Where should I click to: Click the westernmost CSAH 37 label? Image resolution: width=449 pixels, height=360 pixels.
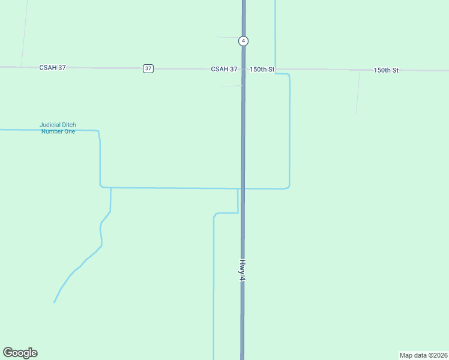point(52,68)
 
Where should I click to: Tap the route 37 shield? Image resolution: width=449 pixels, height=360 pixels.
point(148,68)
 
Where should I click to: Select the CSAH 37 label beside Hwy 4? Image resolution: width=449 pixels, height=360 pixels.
point(224,70)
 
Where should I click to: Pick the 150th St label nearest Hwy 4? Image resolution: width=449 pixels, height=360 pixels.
point(262,70)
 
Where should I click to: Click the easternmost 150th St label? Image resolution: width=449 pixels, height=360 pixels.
point(386,70)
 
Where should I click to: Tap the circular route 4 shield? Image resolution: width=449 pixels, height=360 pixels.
point(243,41)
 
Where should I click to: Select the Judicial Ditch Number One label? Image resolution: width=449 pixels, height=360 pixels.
point(58,128)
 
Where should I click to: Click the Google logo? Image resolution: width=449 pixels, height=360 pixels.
point(20,353)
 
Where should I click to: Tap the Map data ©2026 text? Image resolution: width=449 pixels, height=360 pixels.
point(423,355)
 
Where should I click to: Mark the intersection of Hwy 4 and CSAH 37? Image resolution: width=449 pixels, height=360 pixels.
point(243,69)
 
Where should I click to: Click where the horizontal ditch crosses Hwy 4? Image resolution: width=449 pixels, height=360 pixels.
point(243,188)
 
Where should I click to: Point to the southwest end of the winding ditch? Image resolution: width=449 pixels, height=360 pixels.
point(55,302)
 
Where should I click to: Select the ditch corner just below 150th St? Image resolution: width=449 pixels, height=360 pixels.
point(289,75)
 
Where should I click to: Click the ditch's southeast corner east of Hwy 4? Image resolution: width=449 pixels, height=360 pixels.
point(289,187)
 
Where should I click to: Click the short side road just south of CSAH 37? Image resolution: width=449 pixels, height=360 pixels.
point(231,86)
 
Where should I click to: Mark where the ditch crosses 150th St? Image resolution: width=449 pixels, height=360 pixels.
point(276,70)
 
